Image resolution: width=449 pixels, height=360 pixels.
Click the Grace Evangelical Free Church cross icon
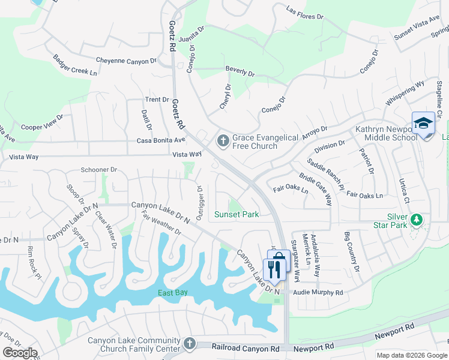[223, 142]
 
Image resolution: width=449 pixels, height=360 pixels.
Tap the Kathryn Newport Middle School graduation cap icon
[423, 124]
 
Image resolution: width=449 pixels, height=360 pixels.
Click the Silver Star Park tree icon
[415, 221]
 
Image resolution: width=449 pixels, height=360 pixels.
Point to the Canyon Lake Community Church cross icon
[190, 344]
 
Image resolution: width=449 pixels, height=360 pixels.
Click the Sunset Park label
[237, 214]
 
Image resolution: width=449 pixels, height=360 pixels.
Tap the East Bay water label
[173, 293]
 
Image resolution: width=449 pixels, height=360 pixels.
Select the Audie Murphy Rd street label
[317, 293]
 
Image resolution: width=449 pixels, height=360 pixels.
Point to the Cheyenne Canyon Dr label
[126, 61]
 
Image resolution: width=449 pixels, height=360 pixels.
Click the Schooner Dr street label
[98, 170]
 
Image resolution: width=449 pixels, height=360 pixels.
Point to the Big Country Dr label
[351, 251]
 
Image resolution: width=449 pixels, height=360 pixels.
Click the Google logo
[19, 353]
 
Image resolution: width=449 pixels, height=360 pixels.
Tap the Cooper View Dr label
[42, 123]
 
